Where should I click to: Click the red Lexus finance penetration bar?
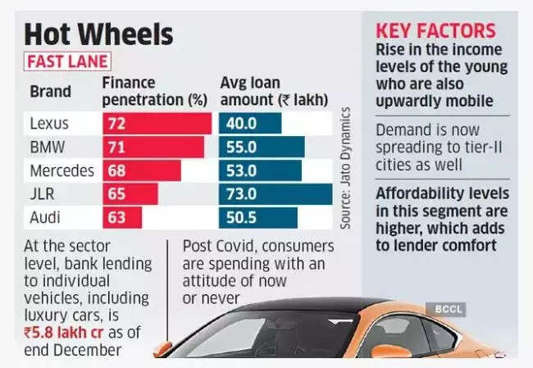[157, 123]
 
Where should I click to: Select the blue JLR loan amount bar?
[276, 194]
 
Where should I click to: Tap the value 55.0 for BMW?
[241, 148]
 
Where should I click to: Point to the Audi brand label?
[45, 217]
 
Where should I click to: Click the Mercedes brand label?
[61, 170]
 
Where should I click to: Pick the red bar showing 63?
[122, 218]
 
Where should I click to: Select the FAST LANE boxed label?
[67, 61]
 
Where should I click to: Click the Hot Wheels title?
[98, 34]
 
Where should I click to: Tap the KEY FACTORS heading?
[435, 31]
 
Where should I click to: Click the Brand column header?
[50, 92]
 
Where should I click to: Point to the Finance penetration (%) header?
[155, 92]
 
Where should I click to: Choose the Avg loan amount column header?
[274, 92]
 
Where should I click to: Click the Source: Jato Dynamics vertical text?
[345, 168]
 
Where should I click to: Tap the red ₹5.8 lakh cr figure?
[64, 332]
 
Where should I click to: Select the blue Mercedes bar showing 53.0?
[261, 170]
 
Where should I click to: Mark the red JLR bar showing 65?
[130, 194]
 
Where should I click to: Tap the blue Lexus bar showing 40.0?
[250, 123]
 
